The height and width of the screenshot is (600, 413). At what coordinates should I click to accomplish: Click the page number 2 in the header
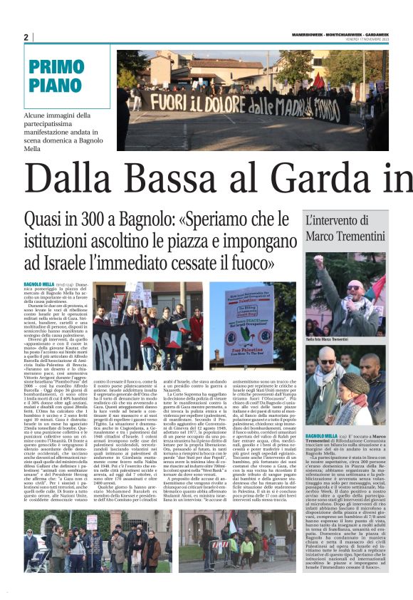[x=26, y=38]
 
